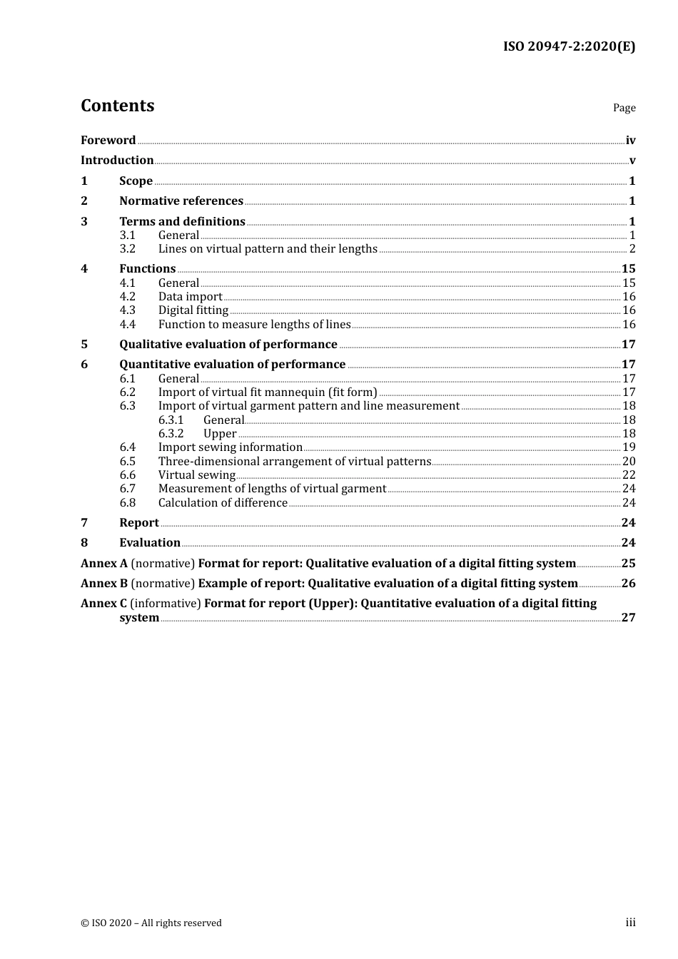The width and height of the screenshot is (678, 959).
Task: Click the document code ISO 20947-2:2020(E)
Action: point(569,47)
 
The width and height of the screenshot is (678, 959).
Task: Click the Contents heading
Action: point(117,106)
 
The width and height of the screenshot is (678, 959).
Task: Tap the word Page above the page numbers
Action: point(624,108)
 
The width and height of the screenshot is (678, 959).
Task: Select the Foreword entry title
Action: point(108,141)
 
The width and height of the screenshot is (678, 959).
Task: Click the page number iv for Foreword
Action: point(630,141)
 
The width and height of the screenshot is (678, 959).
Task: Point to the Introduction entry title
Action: point(117,161)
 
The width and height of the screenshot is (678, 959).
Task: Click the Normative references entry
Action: point(181,201)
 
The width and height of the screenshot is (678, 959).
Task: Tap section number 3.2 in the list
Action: point(127,249)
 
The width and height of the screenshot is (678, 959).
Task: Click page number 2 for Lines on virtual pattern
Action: point(632,249)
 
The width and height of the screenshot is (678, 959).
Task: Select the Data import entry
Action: point(190,297)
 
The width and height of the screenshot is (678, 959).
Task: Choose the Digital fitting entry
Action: point(193,310)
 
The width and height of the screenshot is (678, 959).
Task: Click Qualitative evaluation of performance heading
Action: point(228,345)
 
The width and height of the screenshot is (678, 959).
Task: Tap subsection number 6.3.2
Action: point(171,434)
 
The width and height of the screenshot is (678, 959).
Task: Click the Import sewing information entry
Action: point(230,447)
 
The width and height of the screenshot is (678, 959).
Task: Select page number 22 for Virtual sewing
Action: point(629,475)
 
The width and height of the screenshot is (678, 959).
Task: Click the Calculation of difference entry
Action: point(223,503)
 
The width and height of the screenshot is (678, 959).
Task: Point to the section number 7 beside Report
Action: point(84,523)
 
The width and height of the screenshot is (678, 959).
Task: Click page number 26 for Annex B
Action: point(628,584)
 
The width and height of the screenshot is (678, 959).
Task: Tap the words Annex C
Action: point(103,604)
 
